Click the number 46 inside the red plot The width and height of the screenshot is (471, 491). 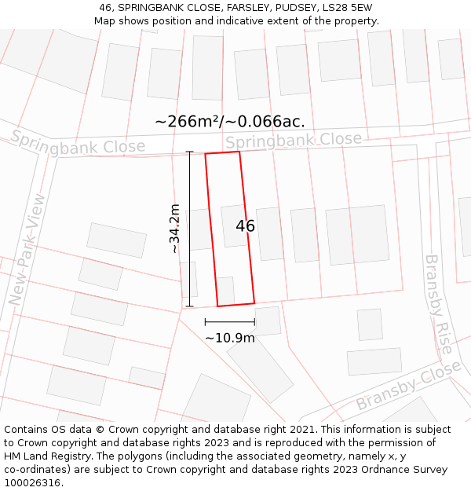245,226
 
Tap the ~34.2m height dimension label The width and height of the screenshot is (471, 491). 175,228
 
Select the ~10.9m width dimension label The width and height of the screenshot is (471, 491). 230,338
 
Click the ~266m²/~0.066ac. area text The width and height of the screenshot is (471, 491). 230,121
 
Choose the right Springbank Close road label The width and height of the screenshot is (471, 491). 294,141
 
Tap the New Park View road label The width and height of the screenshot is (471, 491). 27,249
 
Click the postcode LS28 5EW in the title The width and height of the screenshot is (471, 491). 350,8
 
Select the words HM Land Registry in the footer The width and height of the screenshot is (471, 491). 46,456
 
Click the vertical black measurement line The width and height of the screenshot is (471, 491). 189,228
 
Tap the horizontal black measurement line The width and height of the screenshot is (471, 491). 230,321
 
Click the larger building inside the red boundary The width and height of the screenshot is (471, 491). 234,225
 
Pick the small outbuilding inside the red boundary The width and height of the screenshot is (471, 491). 225,290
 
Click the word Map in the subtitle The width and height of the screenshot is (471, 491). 105,21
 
